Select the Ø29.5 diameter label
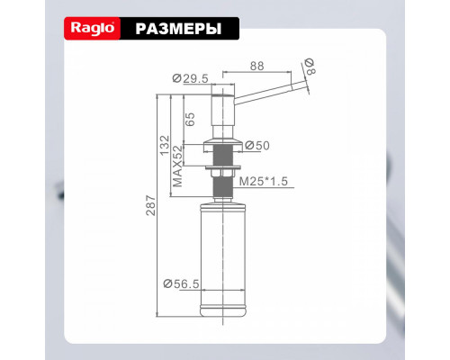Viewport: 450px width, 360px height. pyautogui.click(x=190, y=78)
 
